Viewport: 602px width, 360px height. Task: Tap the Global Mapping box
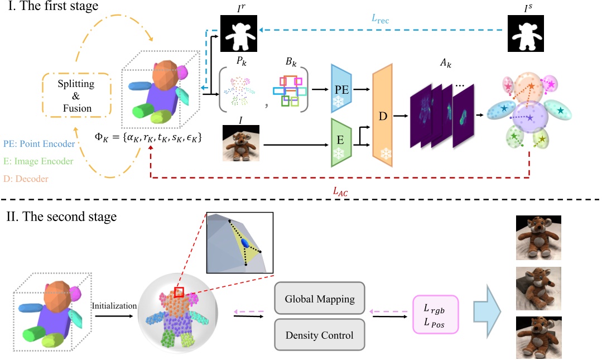tap(320, 299)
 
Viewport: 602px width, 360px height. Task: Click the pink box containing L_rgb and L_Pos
tap(435, 316)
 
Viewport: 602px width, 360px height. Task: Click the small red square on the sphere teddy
tap(180, 292)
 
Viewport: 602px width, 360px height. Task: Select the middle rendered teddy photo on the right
tap(538, 287)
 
